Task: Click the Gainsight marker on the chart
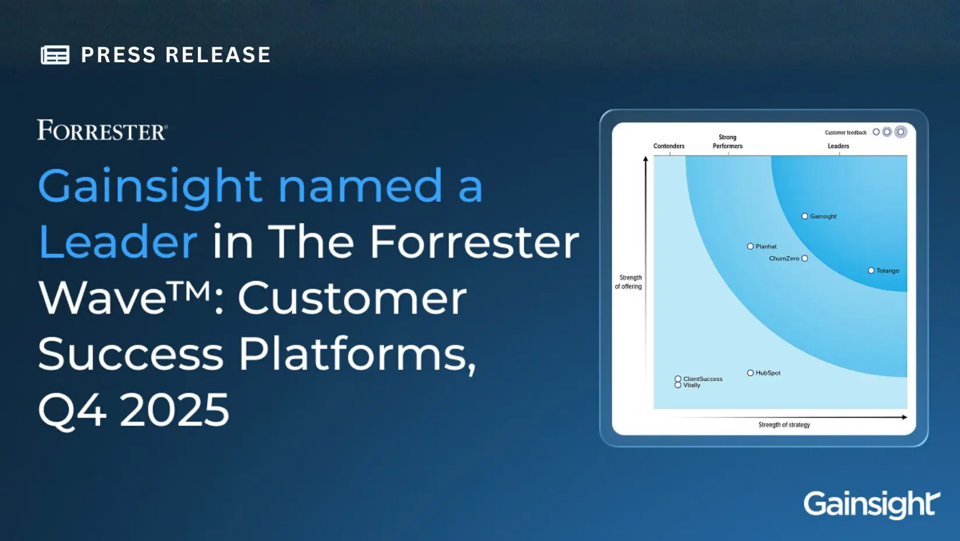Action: (805, 216)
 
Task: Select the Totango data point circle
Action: (871, 270)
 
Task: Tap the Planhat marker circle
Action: (751, 247)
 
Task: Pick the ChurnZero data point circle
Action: (805, 258)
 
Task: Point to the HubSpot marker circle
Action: (751, 373)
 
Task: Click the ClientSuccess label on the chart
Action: (703, 379)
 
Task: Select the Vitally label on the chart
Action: (692, 386)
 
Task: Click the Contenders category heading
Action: (669, 146)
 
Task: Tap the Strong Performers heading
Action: (727, 141)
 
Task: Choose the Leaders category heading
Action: (838, 146)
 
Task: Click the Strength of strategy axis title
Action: (784, 425)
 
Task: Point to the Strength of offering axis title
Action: (629, 282)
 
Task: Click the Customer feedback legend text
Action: (845, 133)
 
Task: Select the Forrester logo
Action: (102, 130)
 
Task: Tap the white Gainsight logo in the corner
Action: (871, 504)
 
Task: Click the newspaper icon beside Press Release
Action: (55, 55)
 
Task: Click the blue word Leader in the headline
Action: (118, 242)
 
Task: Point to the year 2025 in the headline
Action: (175, 410)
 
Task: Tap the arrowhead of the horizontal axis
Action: (904, 417)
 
